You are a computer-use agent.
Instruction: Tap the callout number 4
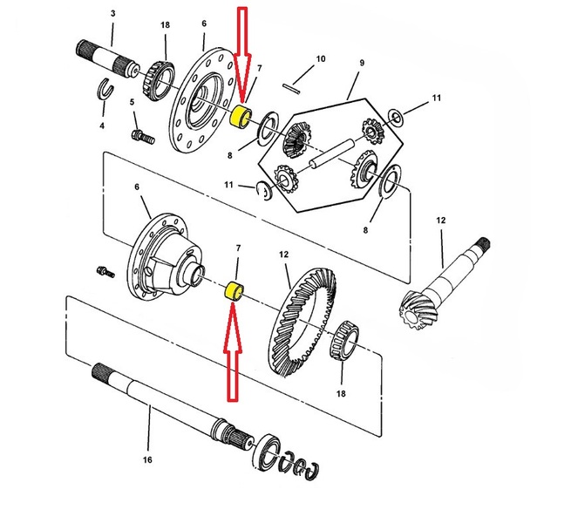coord(101,126)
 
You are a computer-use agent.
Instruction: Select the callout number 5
coord(133,103)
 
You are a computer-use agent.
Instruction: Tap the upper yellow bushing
coord(243,117)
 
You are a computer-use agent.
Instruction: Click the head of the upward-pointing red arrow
coord(233,317)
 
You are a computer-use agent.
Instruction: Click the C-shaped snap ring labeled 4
coord(102,87)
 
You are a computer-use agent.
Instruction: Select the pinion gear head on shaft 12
coord(418,306)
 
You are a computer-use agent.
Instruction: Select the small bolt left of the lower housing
coord(106,271)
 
